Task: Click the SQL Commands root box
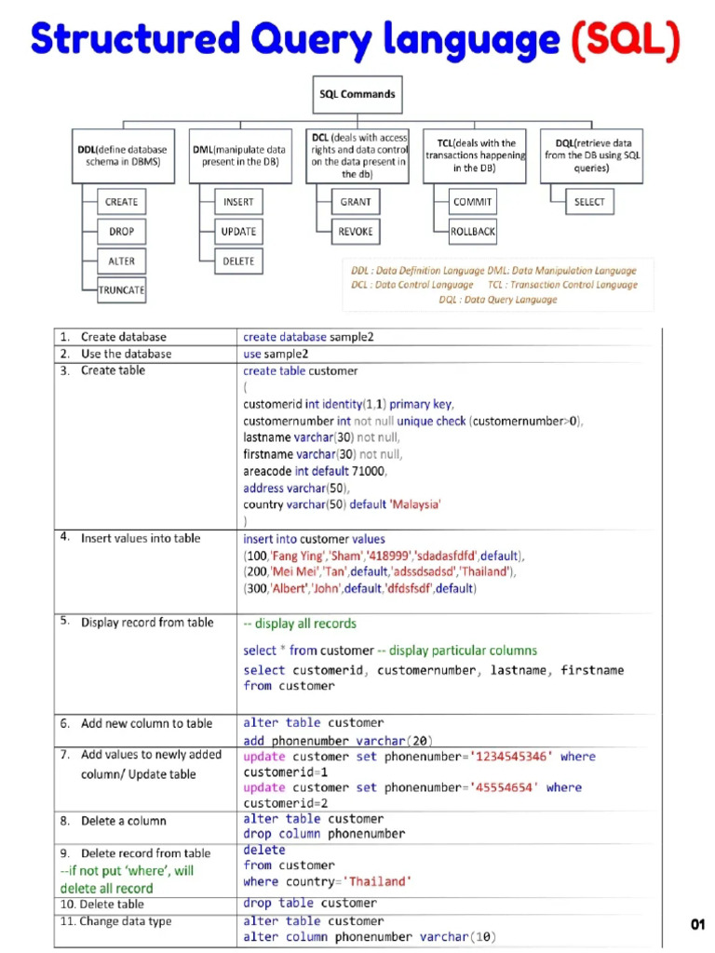tap(357, 94)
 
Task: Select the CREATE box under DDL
tap(121, 202)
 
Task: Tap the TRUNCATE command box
tap(122, 290)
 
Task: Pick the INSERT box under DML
tap(238, 202)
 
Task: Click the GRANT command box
tap(355, 202)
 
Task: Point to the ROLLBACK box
tap(473, 232)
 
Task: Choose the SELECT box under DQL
tap(589, 202)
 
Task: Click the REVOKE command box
tap(355, 232)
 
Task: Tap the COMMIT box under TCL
tap(473, 202)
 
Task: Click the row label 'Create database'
tap(123, 337)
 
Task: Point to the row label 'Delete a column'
tap(123, 821)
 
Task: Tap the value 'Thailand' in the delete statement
tap(378, 881)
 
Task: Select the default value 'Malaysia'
tap(410, 504)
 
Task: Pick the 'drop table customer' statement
tap(310, 903)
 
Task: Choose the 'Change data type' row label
tap(126, 921)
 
